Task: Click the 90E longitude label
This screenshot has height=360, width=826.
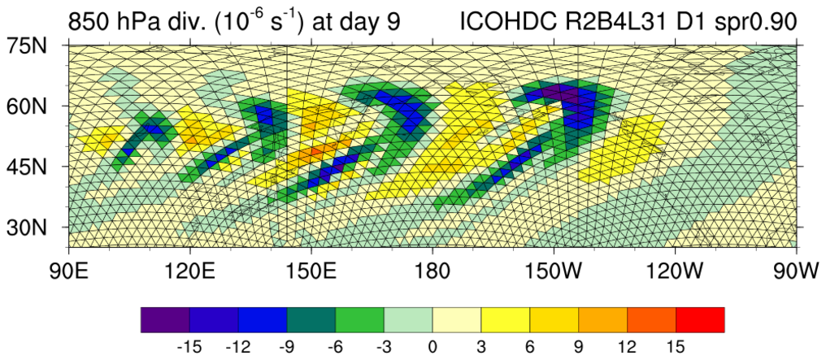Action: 68,269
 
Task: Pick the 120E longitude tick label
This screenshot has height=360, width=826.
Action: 189,269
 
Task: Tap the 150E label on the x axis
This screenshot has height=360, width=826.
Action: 311,269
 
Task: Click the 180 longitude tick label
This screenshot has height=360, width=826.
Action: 432,269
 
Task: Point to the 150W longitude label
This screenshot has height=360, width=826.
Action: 553,269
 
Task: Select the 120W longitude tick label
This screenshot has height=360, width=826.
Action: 674,269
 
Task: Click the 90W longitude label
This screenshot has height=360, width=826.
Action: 796,269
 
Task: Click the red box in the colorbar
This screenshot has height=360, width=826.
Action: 699,319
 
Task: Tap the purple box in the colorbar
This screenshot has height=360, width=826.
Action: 165,319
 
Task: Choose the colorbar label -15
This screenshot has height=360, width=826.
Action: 189,347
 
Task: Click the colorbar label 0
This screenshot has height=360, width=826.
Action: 432,347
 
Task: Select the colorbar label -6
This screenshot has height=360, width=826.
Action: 334,347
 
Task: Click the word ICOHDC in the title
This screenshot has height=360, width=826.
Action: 506,20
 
